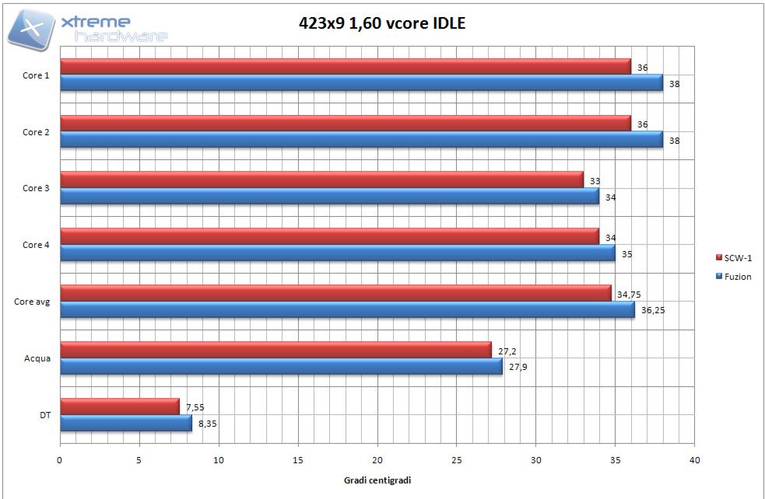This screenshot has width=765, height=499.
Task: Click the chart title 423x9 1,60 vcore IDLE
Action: pos(381,23)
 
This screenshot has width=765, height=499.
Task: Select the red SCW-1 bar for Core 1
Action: pos(345,67)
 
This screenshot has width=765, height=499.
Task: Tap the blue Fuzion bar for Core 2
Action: pos(361,139)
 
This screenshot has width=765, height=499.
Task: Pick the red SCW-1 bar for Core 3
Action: pos(321,180)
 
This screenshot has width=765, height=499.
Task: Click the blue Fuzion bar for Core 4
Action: pos(337,253)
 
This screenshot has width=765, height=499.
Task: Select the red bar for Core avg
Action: pos(335,293)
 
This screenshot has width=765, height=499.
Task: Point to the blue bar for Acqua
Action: pos(281,366)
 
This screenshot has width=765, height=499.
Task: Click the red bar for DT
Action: pos(119,407)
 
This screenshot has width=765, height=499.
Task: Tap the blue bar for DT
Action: pos(125,423)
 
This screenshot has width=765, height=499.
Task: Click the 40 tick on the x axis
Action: pos(694,460)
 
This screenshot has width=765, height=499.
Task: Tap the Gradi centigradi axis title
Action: pos(377,480)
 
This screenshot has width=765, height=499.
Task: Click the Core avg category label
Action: pos(32,302)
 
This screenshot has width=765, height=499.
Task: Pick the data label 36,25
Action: pos(654,310)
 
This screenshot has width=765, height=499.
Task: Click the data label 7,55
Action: pos(195,407)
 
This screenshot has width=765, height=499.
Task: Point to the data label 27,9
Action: pos(518,367)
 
